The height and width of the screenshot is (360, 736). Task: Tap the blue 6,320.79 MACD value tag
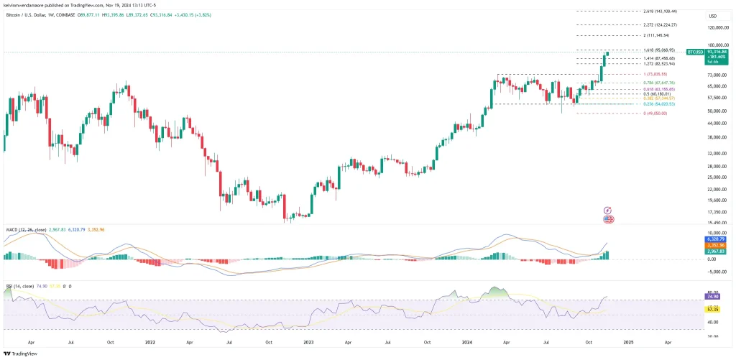[x=713, y=239]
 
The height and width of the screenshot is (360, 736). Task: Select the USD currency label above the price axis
[x=713, y=16]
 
